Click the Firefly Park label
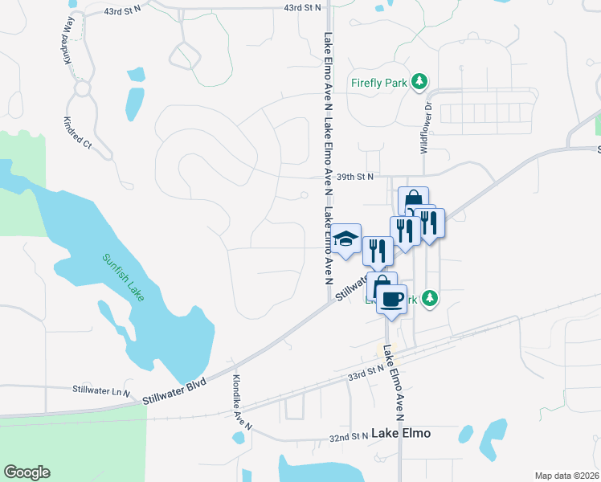(x=379, y=82)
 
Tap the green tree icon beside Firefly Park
(x=419, y=81)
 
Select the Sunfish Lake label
(x=123, y=277)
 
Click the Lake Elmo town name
(x=401, y=433)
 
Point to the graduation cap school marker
(x=346, y=239)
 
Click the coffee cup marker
(x=391, y=300)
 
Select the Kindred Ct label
(x=78, y=129)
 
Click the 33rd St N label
(x=366, y=373)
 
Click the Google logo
(x=27, y=472)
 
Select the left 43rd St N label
(x=123, y=13)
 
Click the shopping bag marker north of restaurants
(x=413, y=199)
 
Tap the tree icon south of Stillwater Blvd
(x=431, y=299)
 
